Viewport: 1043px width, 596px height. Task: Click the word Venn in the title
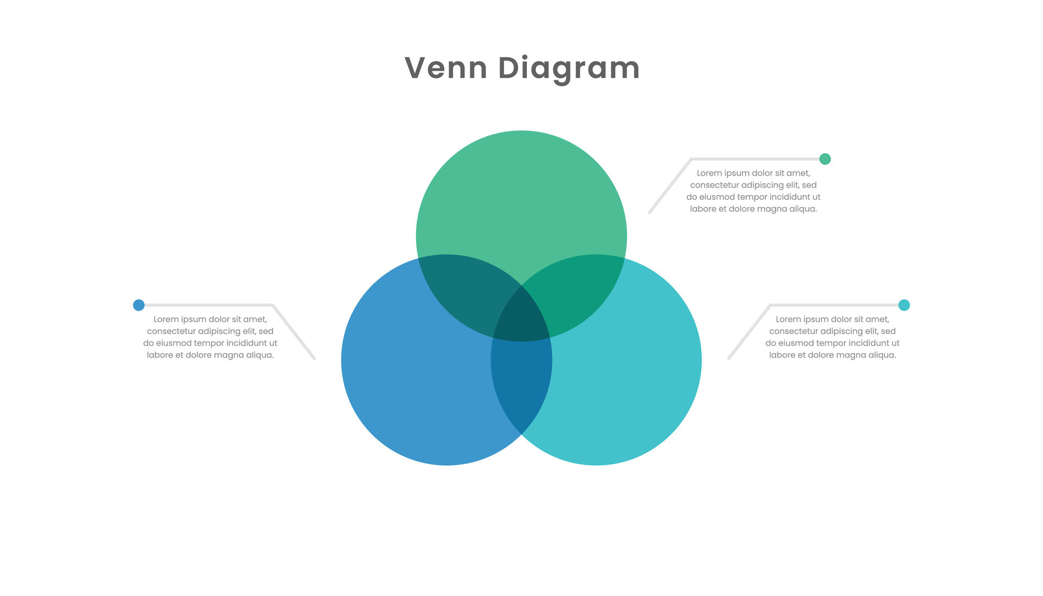point(445,68)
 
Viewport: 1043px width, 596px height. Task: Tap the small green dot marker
point(825,159)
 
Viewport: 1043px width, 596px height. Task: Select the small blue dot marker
point(139,305)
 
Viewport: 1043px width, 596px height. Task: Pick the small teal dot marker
point(904,305)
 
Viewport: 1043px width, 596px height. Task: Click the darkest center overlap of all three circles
point(521,318)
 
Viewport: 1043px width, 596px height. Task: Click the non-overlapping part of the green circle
point(521,201)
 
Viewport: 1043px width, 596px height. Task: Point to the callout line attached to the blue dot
point(272,305)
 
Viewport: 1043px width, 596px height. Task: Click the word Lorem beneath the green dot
point(709,173)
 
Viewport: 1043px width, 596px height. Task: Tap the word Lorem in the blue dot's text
point(166,319)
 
